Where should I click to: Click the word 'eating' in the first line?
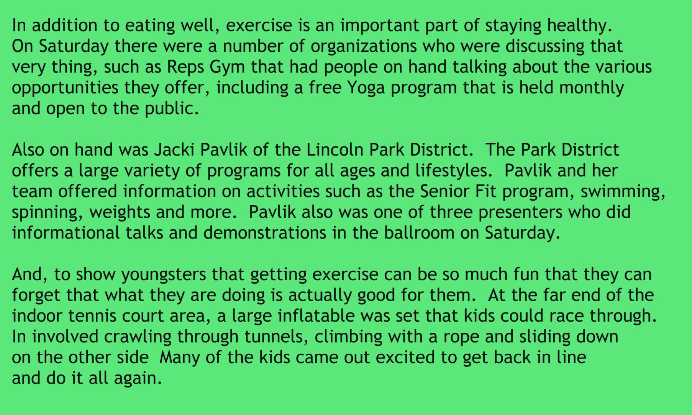point(150,26)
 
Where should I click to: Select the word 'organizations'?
point(363,47)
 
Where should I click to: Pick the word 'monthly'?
point(592,88)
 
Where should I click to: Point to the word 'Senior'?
point(445,191)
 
